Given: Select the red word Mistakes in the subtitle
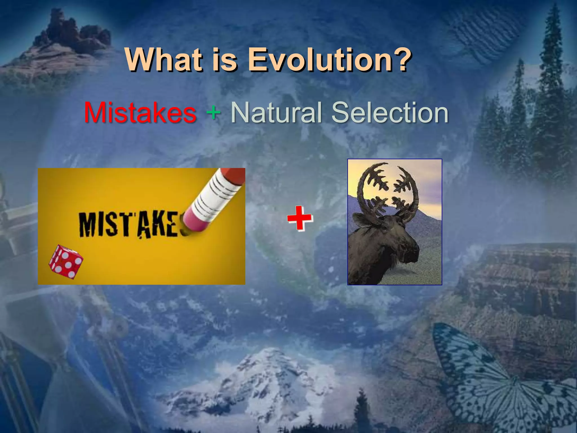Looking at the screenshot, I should click(140, 113).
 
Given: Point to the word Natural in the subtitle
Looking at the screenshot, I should click(276, 113).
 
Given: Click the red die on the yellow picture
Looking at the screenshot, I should click(66, 262).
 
